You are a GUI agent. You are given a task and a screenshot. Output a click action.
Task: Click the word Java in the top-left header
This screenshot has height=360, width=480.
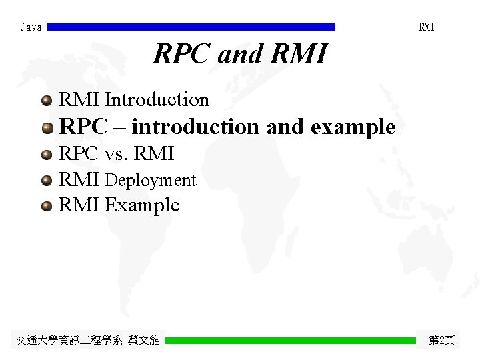(31, 27)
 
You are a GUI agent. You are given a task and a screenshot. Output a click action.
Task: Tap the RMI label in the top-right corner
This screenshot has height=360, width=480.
(426, 27)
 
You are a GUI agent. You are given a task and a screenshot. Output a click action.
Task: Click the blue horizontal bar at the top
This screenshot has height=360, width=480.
(191, 27)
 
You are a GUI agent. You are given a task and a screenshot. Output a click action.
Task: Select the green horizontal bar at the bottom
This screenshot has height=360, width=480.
(290, 341)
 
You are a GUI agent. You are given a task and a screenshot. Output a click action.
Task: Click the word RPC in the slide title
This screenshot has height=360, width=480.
(182, 55)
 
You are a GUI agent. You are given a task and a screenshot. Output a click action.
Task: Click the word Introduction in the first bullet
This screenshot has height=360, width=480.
(157, 100)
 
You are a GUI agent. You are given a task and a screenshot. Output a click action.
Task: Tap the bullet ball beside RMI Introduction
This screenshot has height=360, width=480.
(46, 101)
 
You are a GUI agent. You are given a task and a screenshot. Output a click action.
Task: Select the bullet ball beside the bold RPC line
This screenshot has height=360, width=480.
(46, 127)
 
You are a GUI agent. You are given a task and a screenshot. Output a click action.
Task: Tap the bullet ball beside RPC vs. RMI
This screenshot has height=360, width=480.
(46, 155)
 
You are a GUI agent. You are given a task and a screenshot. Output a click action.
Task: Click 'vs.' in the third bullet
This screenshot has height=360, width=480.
(117, 154)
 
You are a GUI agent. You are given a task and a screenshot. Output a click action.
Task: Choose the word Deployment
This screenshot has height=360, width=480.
(151, 181)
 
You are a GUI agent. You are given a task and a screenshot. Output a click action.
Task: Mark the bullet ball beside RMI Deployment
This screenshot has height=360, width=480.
(46, 181)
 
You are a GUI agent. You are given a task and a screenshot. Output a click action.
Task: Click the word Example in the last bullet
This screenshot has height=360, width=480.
(142, 205)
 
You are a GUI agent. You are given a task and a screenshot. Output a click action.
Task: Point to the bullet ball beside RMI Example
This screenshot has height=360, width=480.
(46, 206)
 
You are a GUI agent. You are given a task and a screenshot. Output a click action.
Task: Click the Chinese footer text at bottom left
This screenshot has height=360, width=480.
(88, 341)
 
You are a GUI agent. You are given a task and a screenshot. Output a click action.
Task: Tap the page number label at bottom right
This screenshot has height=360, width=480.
(441, 341)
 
